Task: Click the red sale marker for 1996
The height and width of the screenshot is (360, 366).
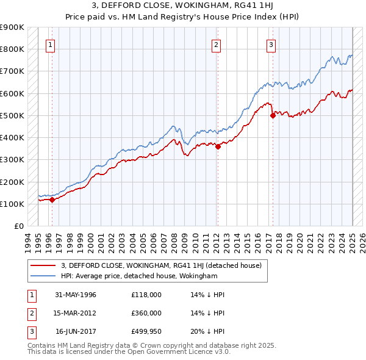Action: [x=52, y=199]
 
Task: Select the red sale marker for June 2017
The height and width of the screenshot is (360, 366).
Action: [x=273, y=115]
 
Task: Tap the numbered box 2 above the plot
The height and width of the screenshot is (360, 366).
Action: [x=216, y=44]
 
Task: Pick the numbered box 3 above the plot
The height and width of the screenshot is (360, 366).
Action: [x=270, y=44]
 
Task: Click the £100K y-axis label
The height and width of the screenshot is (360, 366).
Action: [x=12, y=204]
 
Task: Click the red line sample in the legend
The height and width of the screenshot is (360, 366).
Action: [x=44, y=265]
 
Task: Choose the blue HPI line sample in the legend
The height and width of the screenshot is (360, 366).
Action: [x=44, y=276]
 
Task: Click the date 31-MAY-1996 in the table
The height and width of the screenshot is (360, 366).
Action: [x=76, y=295]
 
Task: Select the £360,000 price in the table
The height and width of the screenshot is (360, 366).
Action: [x=146, y=312]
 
